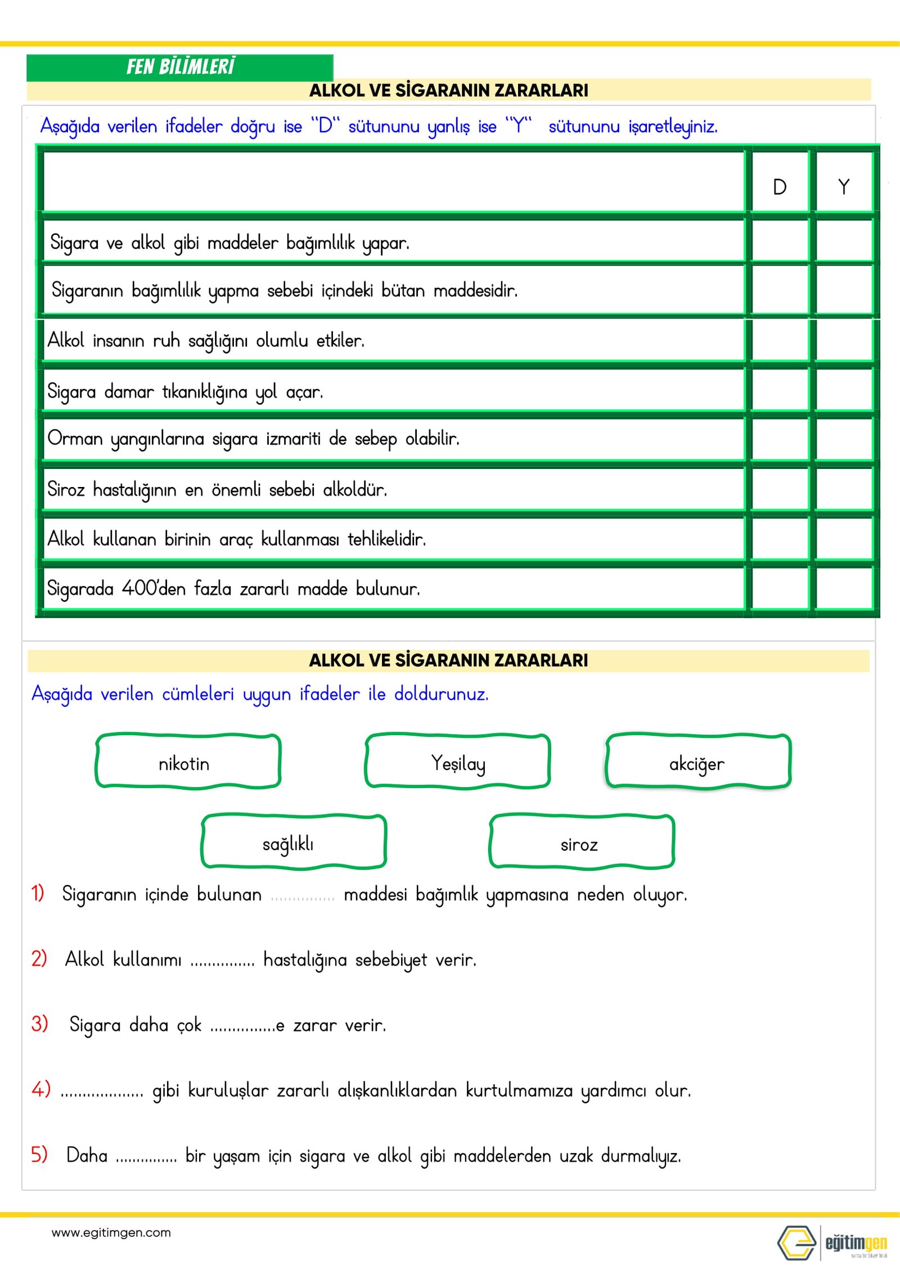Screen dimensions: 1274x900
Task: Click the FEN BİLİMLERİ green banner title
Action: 180,66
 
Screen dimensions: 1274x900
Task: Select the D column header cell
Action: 780,186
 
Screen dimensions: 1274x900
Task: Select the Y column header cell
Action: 844,186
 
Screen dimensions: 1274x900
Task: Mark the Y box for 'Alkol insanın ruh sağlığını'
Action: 844,340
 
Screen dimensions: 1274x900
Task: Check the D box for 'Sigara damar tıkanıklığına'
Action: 780,390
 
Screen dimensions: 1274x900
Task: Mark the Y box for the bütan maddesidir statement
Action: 844,290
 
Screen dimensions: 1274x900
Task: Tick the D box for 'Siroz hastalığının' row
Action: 780,489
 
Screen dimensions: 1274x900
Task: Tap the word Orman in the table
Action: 75,438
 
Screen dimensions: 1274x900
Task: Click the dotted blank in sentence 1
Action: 303,896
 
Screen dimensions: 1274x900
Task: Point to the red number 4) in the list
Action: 40,1089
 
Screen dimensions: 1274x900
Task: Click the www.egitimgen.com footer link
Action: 111,1233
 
